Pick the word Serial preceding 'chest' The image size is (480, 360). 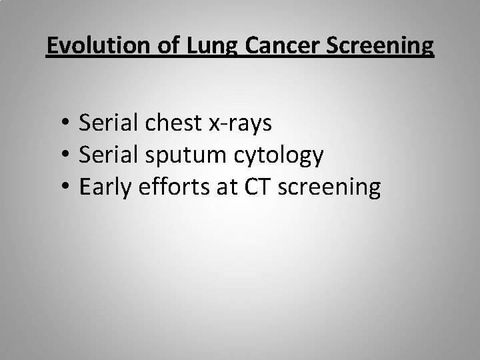(x=105, y=123)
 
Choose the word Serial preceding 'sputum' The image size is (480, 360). (x=105, y=155)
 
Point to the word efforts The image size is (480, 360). (x=169, y=188)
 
